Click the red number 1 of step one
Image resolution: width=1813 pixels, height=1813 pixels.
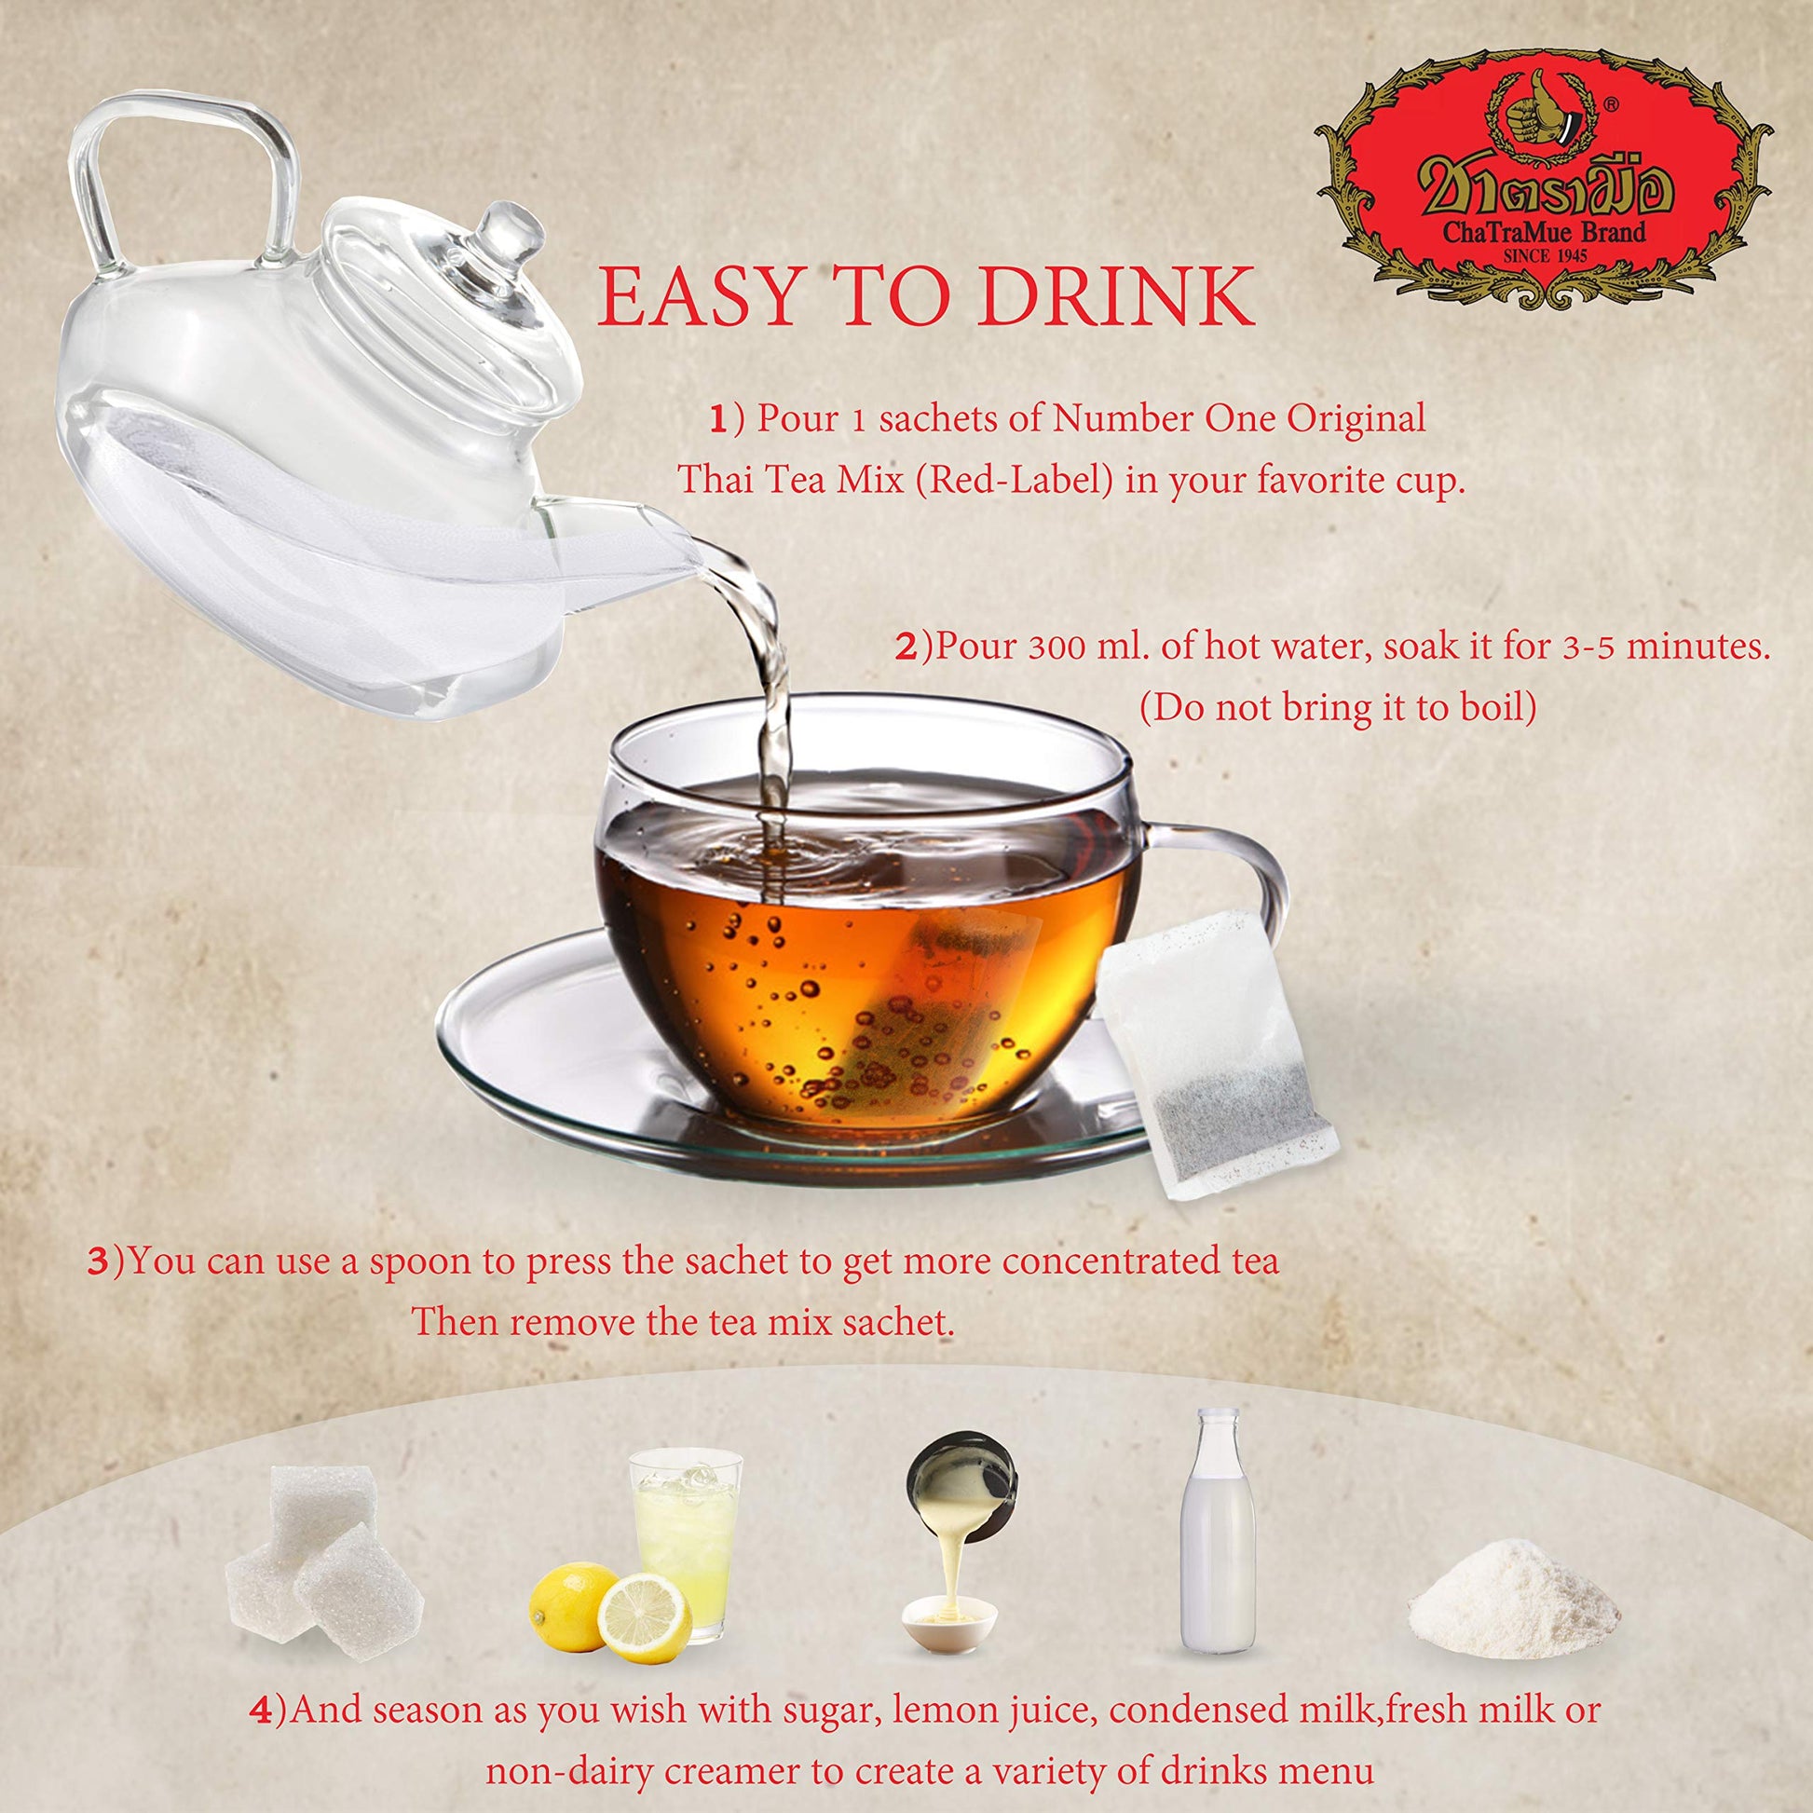click(718, 420)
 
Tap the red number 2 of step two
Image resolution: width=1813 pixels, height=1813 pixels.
click(906, 647)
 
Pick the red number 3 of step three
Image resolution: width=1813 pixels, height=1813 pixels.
click(99, 1261)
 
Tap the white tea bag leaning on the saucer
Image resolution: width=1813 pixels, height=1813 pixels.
click(1220, 1051)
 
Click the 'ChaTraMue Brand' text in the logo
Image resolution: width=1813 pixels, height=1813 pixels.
click(1544, 232)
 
